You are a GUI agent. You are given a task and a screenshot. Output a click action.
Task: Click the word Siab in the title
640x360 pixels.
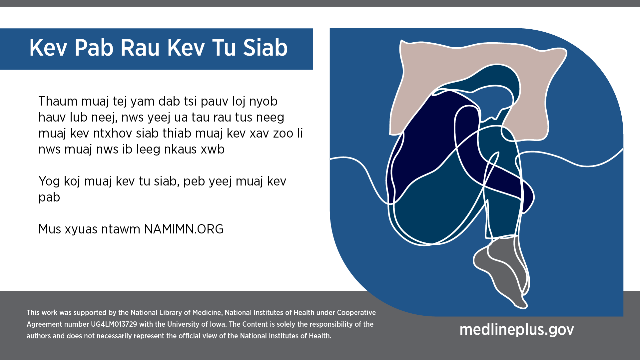265,48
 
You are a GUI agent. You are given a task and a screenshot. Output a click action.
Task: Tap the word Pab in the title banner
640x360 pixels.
94,48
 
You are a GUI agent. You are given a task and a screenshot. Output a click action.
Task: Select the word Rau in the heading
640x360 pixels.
140,48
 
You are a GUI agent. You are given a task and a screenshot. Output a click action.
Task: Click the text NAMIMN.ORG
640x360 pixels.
184,229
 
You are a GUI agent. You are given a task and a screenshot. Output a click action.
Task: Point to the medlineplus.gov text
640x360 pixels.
517,329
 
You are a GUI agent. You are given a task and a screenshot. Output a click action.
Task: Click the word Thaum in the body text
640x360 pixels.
58,101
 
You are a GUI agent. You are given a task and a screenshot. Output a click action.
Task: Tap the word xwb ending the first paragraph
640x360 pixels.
213,149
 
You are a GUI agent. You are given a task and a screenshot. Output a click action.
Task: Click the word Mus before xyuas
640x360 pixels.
50,229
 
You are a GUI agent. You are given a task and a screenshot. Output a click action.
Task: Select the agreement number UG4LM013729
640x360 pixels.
114,324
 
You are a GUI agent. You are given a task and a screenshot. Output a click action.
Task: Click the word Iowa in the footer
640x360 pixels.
218,324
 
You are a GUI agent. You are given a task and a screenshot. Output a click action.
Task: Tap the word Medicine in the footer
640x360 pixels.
207,313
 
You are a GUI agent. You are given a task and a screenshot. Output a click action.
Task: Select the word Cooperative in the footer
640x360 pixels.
356,313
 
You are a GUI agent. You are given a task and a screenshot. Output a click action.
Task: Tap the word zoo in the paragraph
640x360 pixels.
283,133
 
